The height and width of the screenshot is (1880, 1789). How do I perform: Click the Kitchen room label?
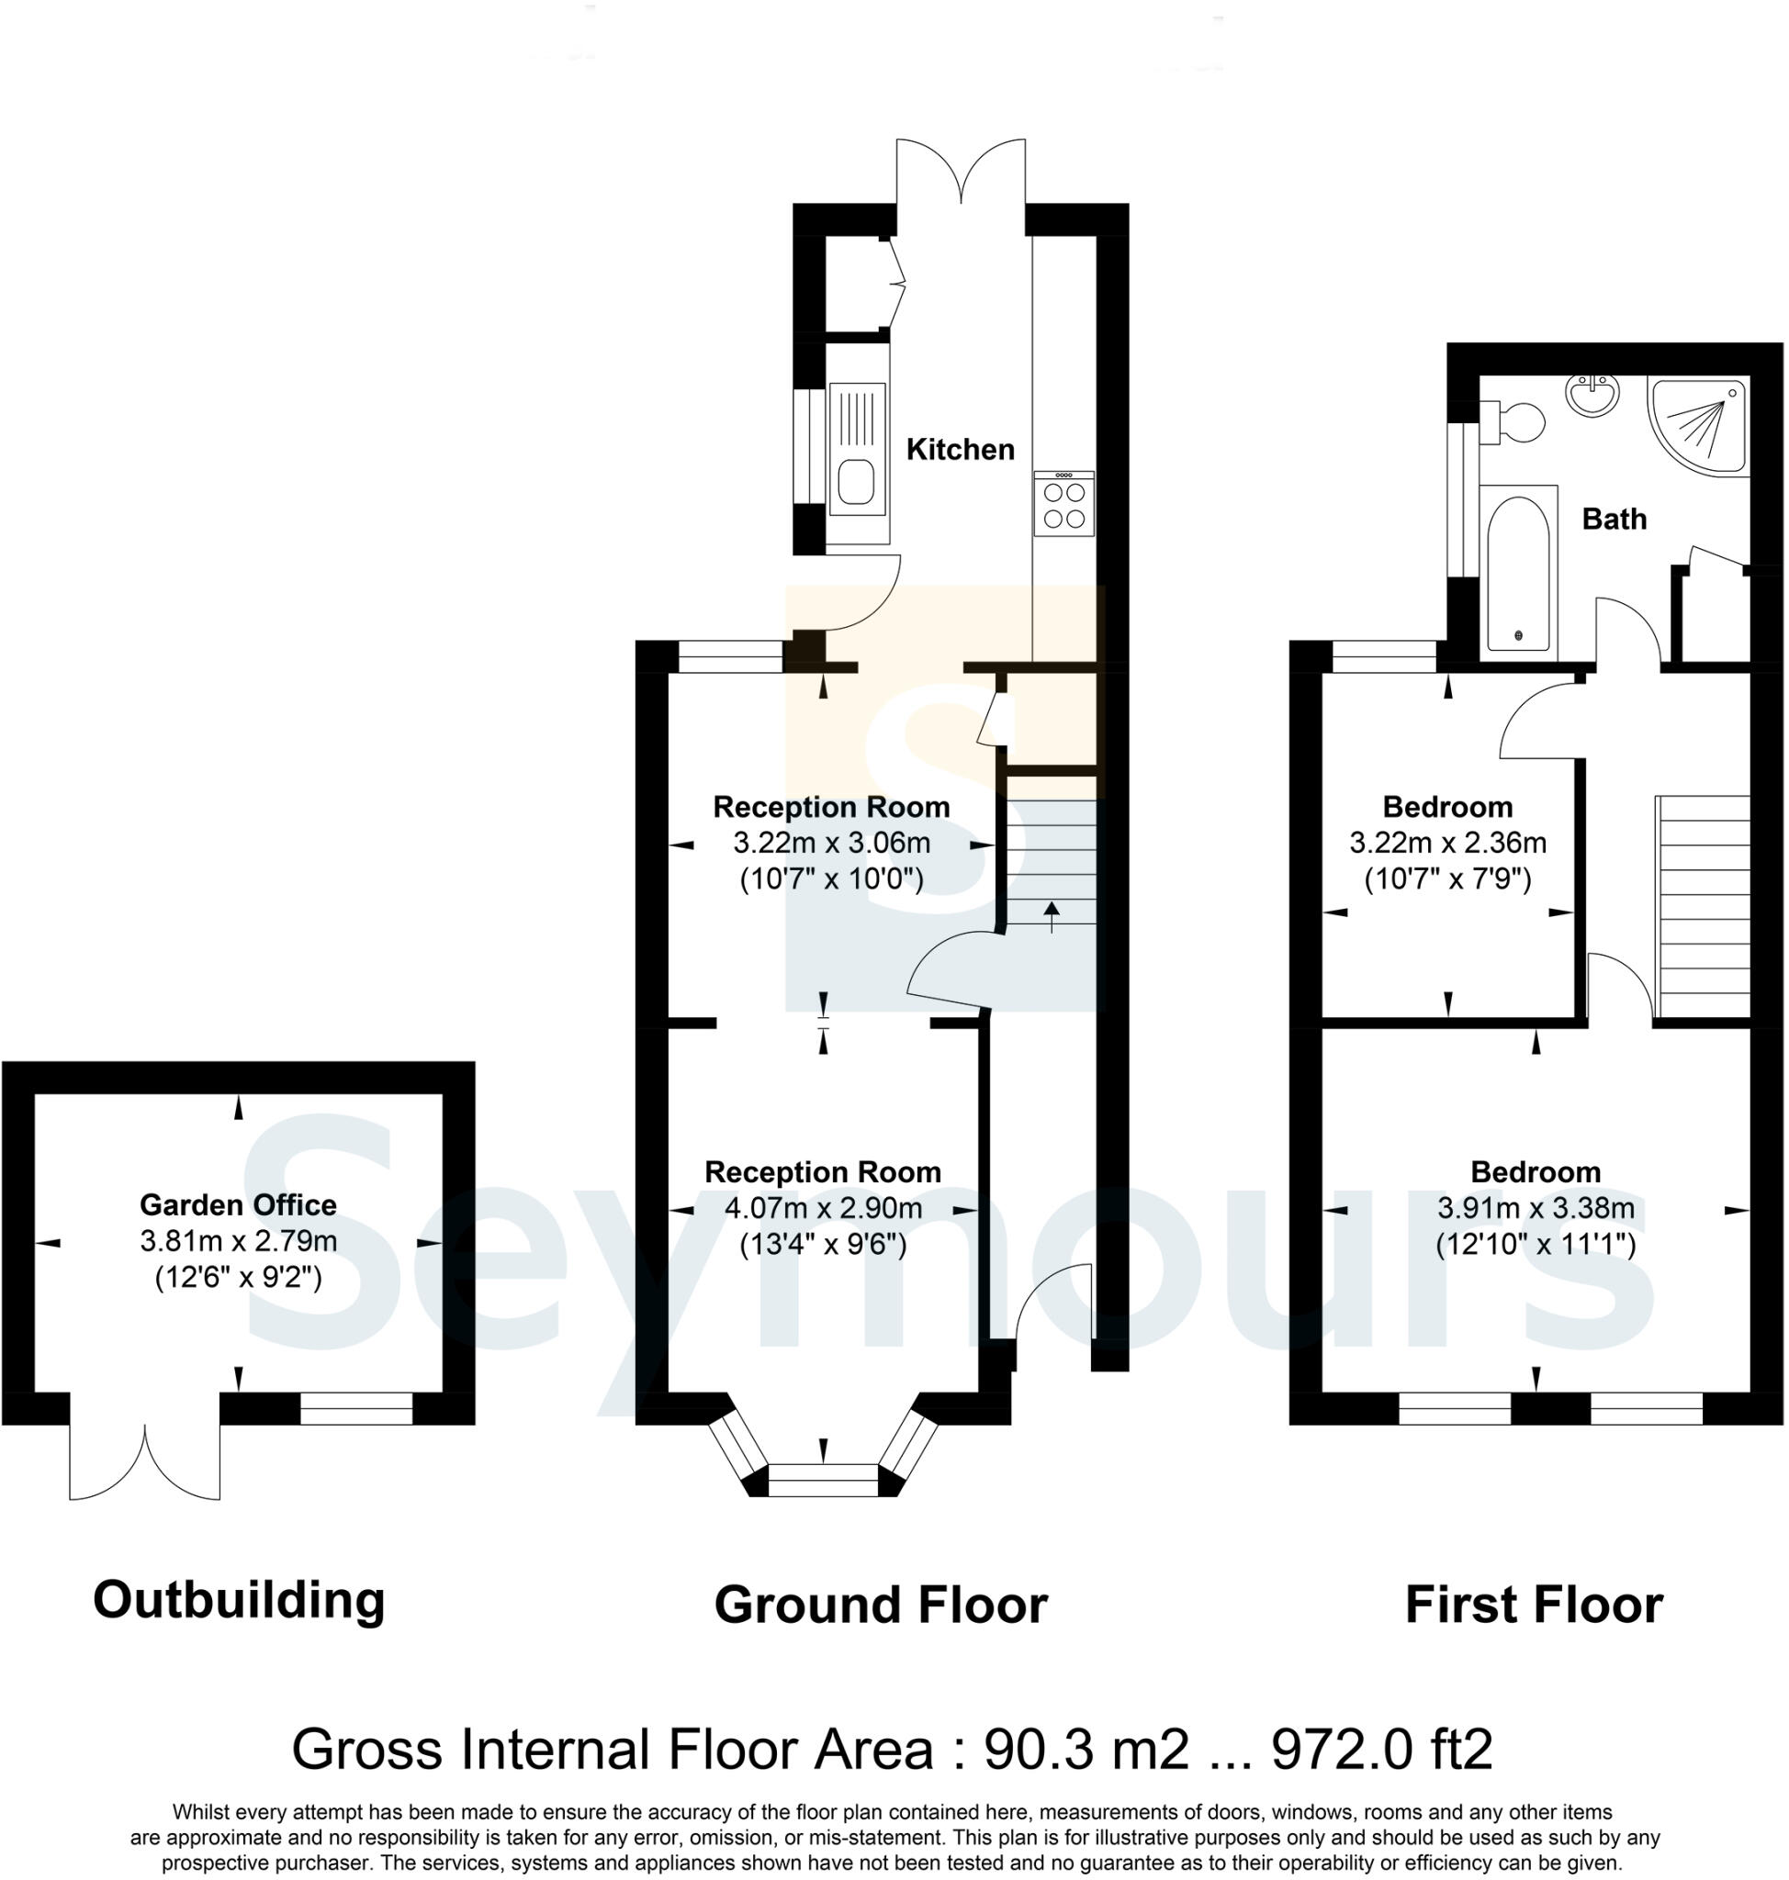tap(961, 449)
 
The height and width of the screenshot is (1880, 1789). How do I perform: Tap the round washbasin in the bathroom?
tap(1592, 396)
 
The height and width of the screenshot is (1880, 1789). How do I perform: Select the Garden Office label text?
tap(239, 1205)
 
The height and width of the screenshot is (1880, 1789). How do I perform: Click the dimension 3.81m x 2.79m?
tap(239, 1241)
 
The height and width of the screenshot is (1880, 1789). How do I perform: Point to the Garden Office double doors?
tap(145, 1460)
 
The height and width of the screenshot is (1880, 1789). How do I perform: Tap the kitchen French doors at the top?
tap(962, 172)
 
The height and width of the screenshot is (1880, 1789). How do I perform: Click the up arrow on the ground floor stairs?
tap(1052, 916)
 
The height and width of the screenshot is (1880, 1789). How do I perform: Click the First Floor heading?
tap(1534, 1605)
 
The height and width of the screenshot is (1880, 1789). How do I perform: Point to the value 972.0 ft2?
tap(1382, 1750)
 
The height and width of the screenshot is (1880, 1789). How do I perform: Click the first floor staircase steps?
tap(1705, 906)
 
